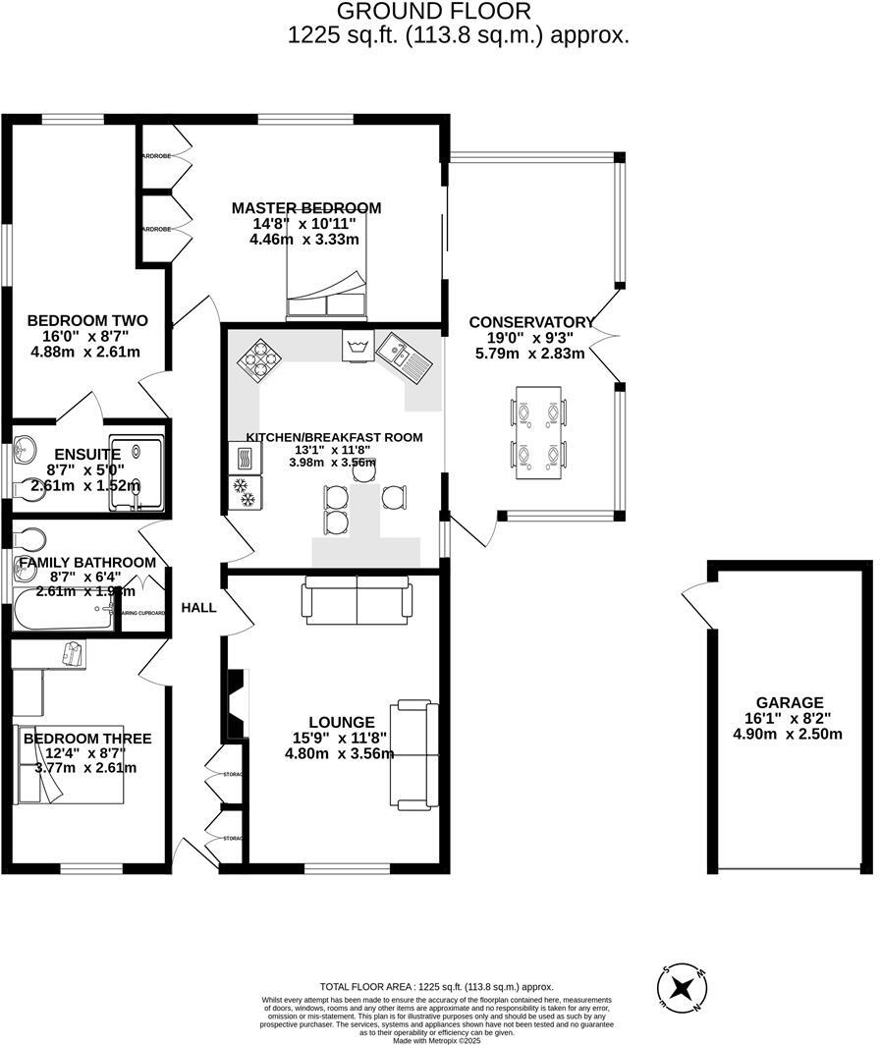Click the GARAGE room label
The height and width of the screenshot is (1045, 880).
789,702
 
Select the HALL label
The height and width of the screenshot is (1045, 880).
199,608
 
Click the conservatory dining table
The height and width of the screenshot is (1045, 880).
539,432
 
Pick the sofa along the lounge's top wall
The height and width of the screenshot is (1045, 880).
357,600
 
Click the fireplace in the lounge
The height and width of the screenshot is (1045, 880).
235,704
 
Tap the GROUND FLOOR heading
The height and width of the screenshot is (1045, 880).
433,12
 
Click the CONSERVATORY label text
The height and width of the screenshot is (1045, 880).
531,322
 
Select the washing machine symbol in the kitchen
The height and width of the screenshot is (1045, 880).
355,347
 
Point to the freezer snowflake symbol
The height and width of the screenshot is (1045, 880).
242,488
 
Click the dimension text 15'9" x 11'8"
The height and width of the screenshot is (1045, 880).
338,738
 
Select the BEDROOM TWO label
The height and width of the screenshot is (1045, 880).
87,321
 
